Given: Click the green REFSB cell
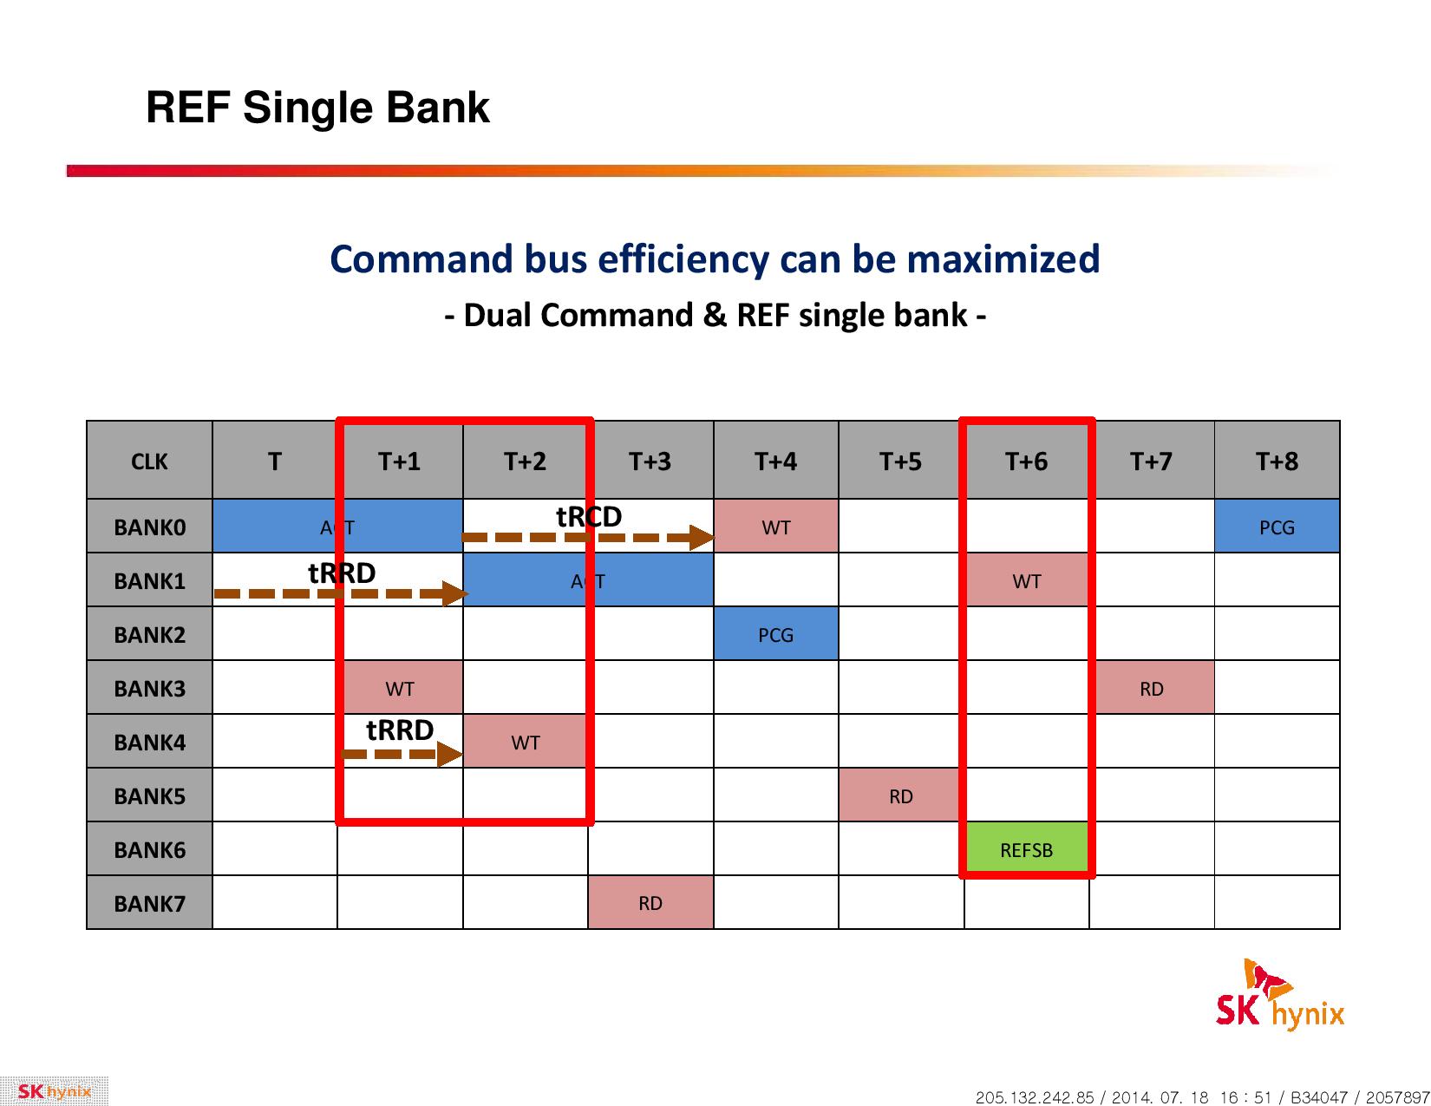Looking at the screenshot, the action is click(x=1026, y=848).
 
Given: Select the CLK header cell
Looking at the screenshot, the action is click(x=149, y=460).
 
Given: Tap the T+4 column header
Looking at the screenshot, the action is click(x=775, y=460).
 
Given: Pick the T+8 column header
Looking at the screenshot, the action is click(x=1277, y=460).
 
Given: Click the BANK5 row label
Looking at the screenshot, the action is click(x=149, y=795).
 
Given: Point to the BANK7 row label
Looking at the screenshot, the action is click(x=149, y=902).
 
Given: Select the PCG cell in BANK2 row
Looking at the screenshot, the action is click(x=775, y=634).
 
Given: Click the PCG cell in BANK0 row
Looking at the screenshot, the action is click(x=1277, y=527).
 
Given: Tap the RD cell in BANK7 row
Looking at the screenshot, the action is click(x=650, y=902).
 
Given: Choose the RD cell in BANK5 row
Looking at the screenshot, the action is click(x=901, y=795).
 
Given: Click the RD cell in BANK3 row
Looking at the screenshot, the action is click(x=1151, y=688).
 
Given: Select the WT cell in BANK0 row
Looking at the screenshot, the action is click(x=775, y=527).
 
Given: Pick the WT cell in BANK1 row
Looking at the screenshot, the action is click(x=1026, y=580).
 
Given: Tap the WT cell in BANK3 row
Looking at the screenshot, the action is click(x=400, y=688).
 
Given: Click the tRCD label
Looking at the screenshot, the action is click(x=589, y=516).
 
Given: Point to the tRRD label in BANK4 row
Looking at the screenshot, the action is click(x=400, y=730).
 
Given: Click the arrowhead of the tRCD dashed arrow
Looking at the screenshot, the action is click(x=702, y=537).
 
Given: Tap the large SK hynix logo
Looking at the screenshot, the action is click(x=1279, y=995).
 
